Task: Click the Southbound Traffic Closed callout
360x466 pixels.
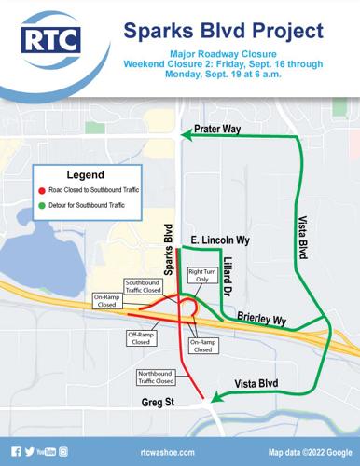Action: point(143,287)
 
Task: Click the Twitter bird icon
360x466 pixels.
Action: point(32,451)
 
